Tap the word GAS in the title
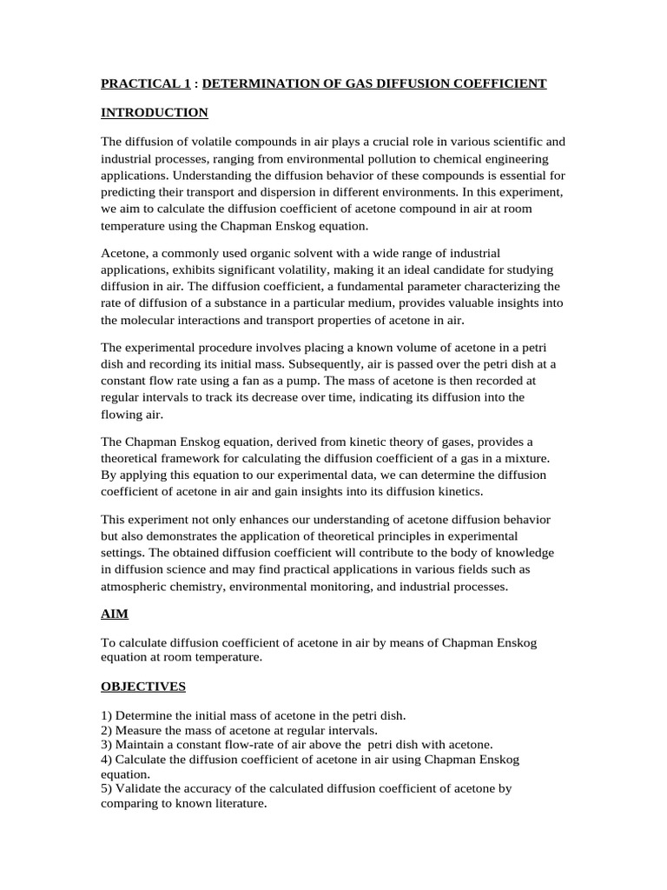[x=323, y=83]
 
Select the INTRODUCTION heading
[x=154, y=112]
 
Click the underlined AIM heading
[x=114, y=614]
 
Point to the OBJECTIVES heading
[x=143, y=687]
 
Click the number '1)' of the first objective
[x=107, y=715]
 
